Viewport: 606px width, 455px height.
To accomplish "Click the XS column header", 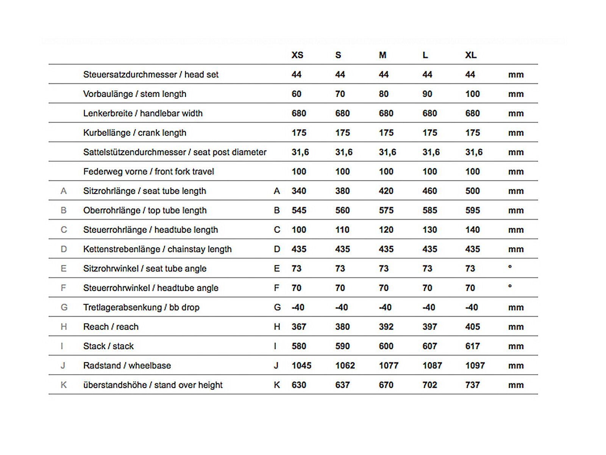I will [x=297, y=55].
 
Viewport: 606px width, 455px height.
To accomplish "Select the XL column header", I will [x=471, y=55].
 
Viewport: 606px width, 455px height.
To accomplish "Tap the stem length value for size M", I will [x=384, y=94].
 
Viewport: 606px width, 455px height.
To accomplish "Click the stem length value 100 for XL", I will [x=472, y=94].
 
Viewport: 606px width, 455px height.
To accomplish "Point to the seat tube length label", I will [x=145, y=191].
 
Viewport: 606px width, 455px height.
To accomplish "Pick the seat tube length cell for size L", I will [x=430, y=191].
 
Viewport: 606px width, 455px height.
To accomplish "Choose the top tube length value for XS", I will [x=299, y=210].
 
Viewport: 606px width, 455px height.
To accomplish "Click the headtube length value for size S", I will [x=342, y=230].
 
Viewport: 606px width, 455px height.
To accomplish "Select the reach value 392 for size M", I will [x=386, y=327].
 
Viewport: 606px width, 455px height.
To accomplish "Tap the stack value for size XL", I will [x=472, y=346].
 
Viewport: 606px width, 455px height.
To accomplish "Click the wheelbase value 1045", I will [x=301, y=366].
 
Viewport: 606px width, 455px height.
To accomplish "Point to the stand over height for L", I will [x=430, y=385].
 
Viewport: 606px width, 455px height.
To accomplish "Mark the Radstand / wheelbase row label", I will [x=127, y=366].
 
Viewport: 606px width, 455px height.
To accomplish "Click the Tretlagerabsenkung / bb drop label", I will [x=141, y=308].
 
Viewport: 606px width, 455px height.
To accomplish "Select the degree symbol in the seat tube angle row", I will [x=510, y=267].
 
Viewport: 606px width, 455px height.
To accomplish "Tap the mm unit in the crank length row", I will [x=516, y=133].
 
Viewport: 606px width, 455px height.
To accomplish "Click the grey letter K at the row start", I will [x=64, y=385].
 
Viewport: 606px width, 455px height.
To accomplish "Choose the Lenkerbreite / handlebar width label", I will [x=143, y=113].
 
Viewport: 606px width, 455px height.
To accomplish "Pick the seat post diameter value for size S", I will [x=344, y=152].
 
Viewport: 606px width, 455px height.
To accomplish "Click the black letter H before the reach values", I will [x=277, y=327].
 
